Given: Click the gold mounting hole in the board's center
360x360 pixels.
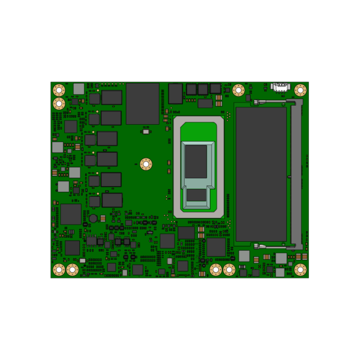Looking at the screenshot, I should point(145,163).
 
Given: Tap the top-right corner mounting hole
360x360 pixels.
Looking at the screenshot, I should point(301,90).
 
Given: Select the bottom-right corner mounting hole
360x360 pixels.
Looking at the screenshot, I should point(301,269).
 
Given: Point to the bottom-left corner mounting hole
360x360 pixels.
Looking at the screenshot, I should point(59,269).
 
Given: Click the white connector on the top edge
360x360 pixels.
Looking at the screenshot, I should point(280,87).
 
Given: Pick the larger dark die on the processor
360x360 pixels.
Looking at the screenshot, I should point(196,161).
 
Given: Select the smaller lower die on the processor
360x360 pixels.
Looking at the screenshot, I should point(196,195).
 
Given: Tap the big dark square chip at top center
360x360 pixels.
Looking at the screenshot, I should point(142,103).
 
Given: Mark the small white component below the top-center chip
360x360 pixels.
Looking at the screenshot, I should point(145,131).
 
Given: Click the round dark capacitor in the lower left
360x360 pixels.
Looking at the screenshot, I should point(94,218).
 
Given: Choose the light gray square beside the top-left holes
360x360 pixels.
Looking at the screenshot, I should point(79,89).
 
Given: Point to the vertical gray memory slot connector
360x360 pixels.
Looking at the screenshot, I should point(295,174).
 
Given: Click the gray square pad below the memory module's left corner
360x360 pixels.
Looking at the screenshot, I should point(244,256).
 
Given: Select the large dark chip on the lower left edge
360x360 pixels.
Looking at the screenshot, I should point(71,214).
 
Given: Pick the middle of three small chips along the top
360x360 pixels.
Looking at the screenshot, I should point(203,89).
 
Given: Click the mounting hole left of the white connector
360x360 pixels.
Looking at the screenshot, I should point(238,90).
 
